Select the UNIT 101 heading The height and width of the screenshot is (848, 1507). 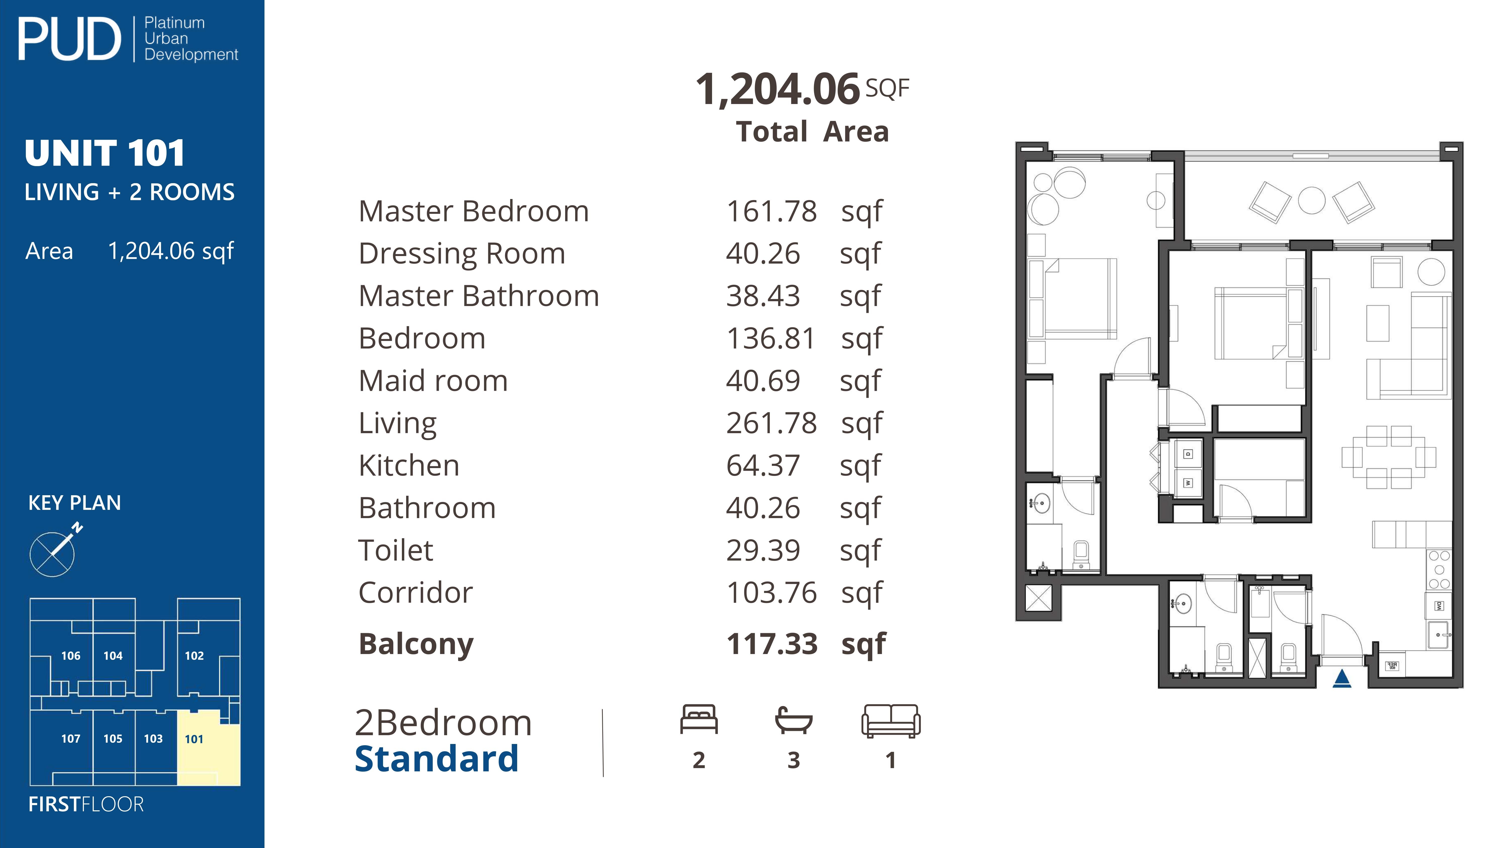(105, 153)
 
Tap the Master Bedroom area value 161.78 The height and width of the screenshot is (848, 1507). (771, 211)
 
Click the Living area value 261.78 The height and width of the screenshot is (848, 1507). (771, 423)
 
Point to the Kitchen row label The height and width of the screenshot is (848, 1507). (409, 466)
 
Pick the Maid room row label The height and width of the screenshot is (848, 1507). (433, 381)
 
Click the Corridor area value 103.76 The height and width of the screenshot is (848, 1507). (771, 593)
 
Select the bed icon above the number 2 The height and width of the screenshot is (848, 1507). (698, 719)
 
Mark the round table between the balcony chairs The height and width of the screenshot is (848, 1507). (1312, 201)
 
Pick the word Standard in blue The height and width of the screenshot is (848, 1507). (437, 759)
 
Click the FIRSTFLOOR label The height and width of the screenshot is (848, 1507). (86, 804)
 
